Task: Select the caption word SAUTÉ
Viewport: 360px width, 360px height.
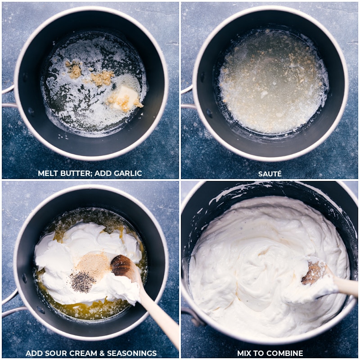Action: point(270,173)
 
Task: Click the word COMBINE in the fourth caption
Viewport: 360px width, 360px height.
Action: point(285,353)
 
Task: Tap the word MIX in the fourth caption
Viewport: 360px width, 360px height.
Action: point(246,353)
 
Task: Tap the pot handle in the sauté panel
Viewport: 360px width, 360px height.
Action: point(186,97)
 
